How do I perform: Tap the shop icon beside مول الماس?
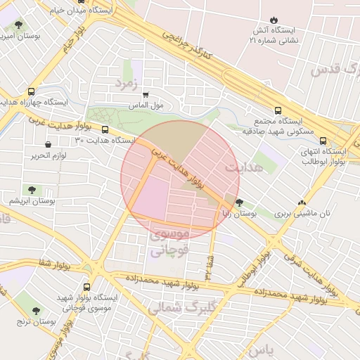click(146, 94)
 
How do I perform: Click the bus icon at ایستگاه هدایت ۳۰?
click(105, 129)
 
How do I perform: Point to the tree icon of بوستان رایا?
click(240, 202)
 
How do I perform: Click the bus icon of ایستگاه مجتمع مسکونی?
click(278, 110)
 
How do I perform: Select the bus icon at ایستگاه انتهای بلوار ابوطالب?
click(323, 141)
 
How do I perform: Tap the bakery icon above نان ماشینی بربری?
click(302, 202)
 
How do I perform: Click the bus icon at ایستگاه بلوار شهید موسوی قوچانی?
click(86, 287)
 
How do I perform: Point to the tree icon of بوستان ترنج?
click(36, 310)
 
